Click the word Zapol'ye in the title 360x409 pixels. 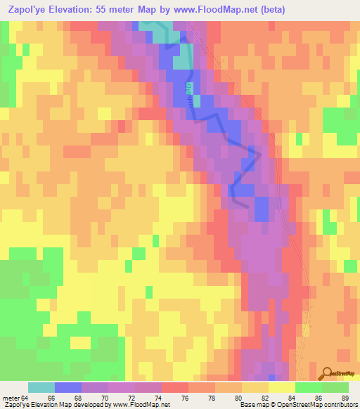coord(26,10)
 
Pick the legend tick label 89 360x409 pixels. coord(345,398)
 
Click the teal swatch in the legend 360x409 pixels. coord(41,387)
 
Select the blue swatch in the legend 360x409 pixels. coord(68,387)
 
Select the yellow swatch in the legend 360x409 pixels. coord(282,387)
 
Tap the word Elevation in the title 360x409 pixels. coord(79,10)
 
